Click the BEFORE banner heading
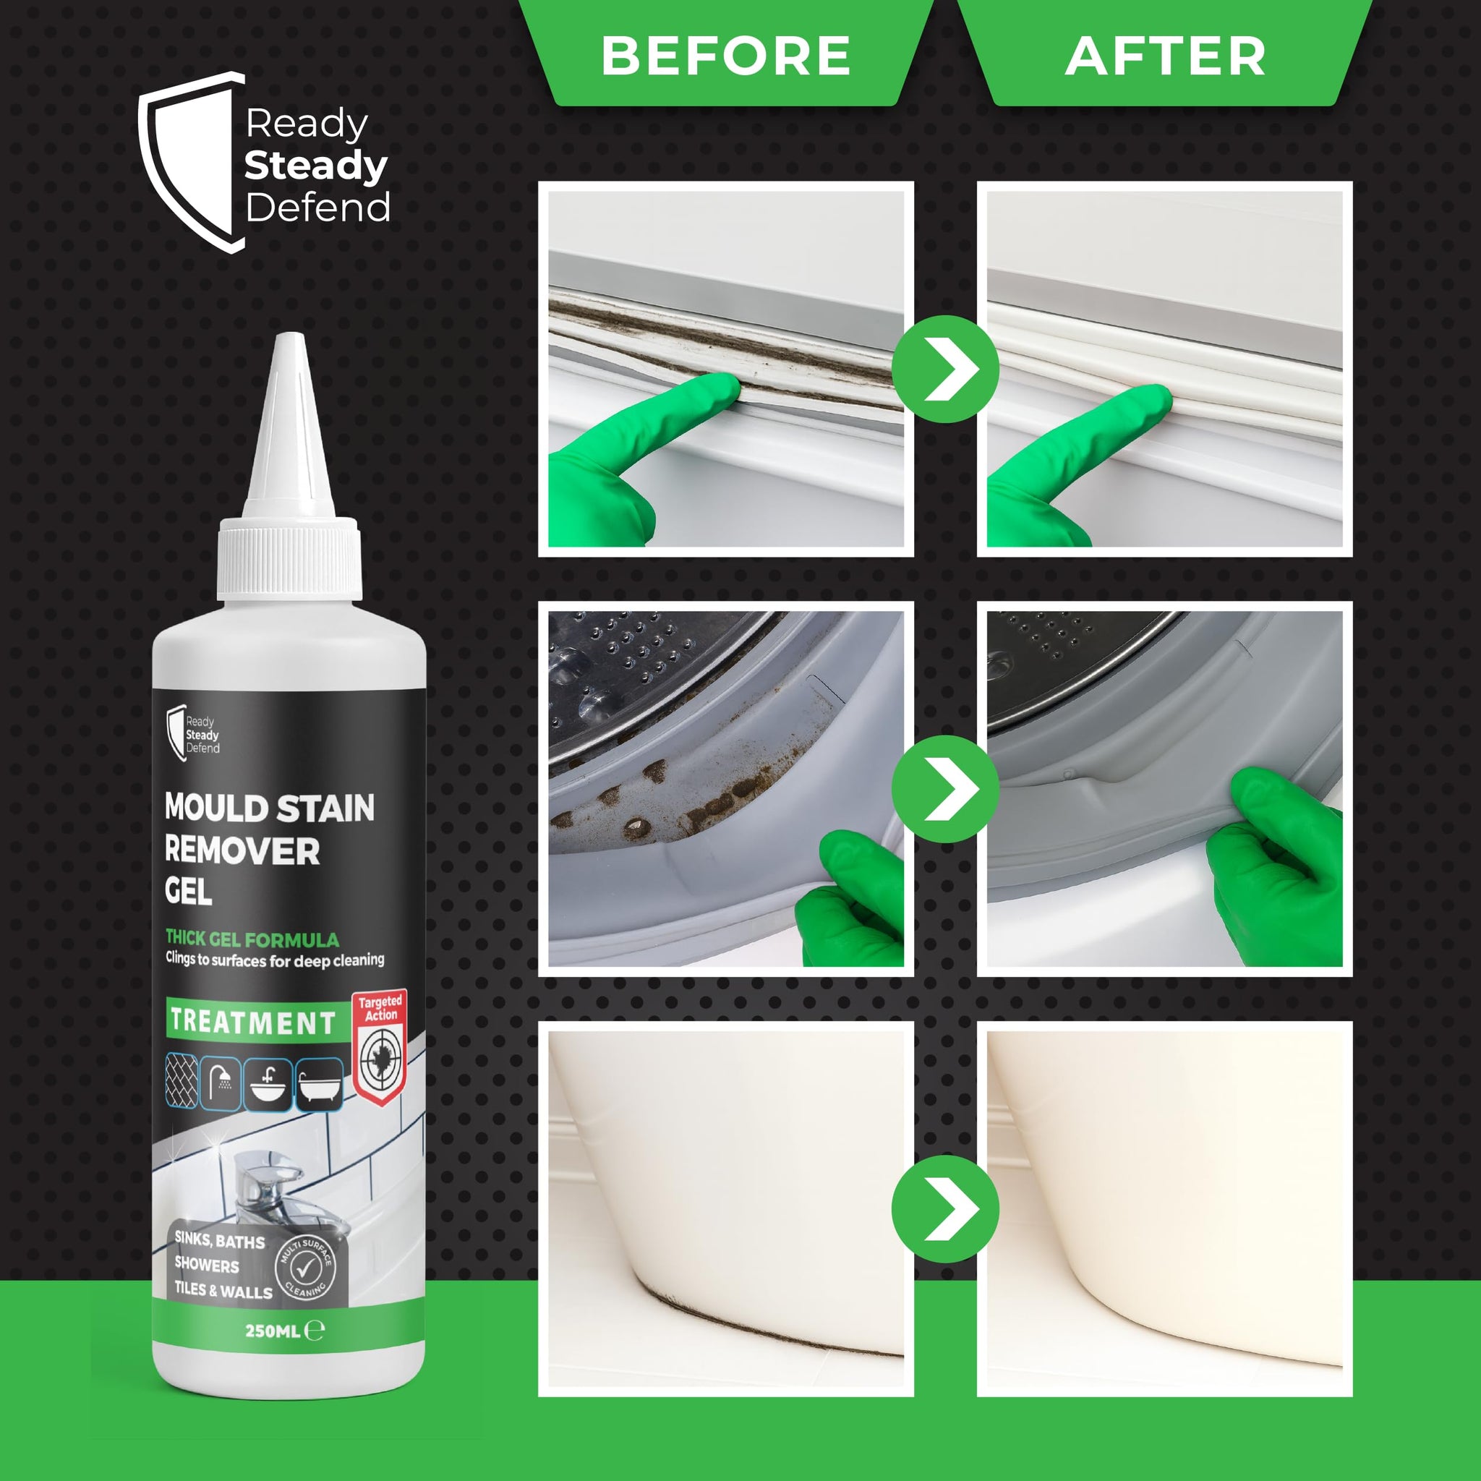[725, 55]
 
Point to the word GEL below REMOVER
[189, 892]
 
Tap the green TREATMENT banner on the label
[253, 1022]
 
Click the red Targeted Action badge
[380, 1049]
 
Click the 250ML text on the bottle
[272, 1331]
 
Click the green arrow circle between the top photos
[945, 369]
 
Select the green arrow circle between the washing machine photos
[945, 789]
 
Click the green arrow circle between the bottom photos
[945, 1209]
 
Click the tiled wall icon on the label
[182, 1082]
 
